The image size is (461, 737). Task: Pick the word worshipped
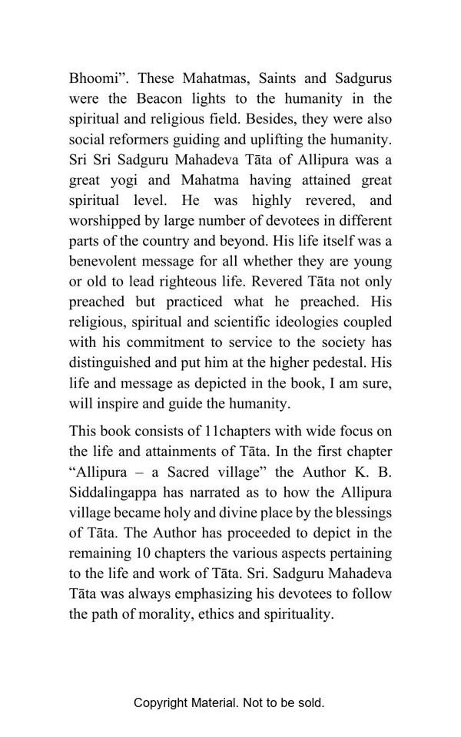(x=104, y=221)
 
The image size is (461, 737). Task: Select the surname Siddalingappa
(x=114, y=492)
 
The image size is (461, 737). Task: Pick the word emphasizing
(x=211, y=593)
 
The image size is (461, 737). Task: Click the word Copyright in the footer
(x=160, y=702)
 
